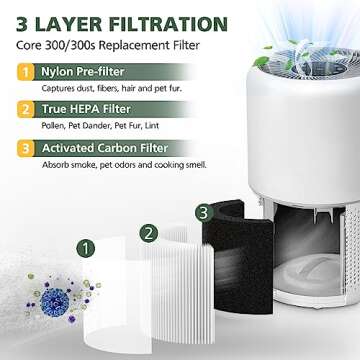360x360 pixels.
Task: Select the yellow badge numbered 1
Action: (26, 72)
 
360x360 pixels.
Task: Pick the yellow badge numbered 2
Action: (26, 110)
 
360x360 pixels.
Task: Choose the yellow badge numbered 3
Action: (26, 148)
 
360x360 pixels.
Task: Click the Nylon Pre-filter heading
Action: (83, 72)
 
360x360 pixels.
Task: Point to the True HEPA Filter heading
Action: (86, 109)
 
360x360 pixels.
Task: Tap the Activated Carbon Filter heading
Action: (105, 148)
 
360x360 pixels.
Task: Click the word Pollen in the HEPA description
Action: (51, 126)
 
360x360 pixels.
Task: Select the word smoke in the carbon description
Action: (86, 165)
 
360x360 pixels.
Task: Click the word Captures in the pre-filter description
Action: (55, 89)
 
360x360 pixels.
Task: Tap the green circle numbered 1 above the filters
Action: (86, 248)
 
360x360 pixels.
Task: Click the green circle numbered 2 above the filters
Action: (149, 233)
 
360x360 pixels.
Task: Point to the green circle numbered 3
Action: (204, 213)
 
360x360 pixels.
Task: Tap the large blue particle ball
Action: (55, 302)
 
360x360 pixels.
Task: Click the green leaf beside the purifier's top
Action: (261, 62)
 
